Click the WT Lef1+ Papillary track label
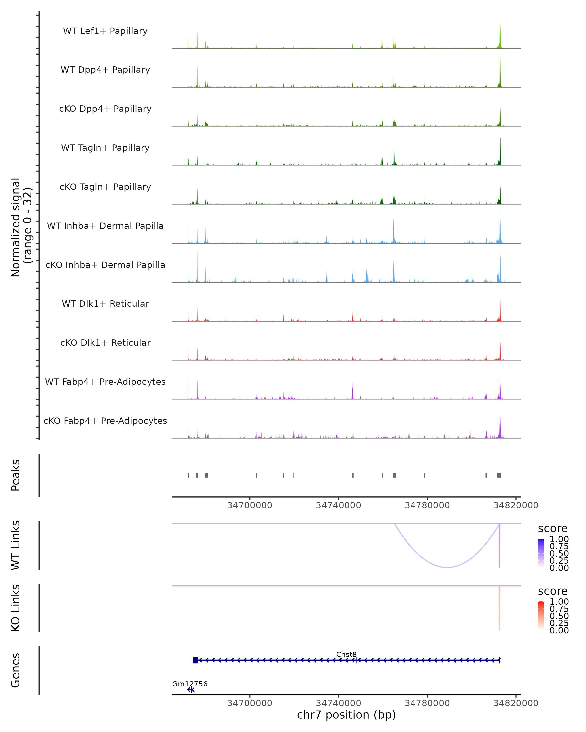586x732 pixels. click(105, 31)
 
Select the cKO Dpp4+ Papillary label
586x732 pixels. click(105, 109)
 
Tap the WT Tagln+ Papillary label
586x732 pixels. click(105, 148)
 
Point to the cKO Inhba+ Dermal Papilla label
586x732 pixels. click(105, 265)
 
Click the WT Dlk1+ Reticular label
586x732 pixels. click(105, 304)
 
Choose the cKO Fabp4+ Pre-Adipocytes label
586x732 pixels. click(105, 421)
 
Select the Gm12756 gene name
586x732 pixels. click(189, 684)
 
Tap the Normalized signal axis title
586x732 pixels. click(21, 227)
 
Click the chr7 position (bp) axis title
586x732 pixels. click(346, 715)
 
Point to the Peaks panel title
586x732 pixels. click(16, 475)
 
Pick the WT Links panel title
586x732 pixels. click(16, 545)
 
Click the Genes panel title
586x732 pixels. click(16, 670)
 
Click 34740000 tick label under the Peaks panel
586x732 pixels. click(338, 505)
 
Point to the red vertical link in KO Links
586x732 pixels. click(499, 608)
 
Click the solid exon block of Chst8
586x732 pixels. click(196, 660)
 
